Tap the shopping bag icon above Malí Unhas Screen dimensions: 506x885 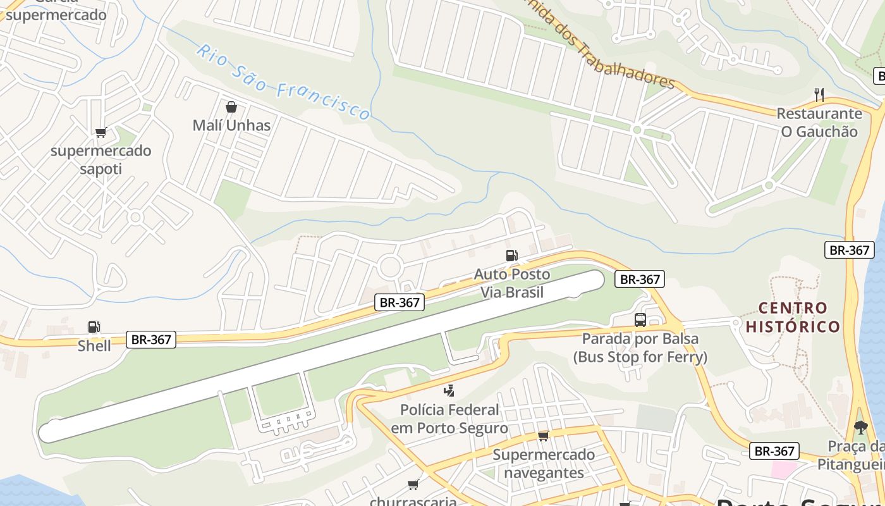click(231, 107)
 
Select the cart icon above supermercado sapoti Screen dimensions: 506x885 click(101, 132)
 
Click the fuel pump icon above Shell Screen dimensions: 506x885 click(94, 327)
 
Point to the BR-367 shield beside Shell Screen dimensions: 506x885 click(152, 340)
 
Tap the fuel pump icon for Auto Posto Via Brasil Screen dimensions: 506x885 click(511, 256)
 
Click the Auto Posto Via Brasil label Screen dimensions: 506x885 click(511, 283)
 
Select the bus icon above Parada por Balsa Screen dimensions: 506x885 click(640, 320)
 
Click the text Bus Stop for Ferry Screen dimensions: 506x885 click(640, 357)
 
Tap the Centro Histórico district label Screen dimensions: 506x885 click(793, 318)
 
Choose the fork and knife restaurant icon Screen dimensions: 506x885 click(819, 95)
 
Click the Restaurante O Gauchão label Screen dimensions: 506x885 click(819, 123)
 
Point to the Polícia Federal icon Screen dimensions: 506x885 click(449, 390)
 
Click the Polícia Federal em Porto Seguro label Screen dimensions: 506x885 click(449, 419)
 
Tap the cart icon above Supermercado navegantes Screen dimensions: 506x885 click(543, 436)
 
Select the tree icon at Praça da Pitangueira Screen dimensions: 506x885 click(860, 428)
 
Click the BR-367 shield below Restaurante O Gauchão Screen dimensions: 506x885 click(850, 250)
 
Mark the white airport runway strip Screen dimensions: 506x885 click(322, 355)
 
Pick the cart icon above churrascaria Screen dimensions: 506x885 click(413, 485)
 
